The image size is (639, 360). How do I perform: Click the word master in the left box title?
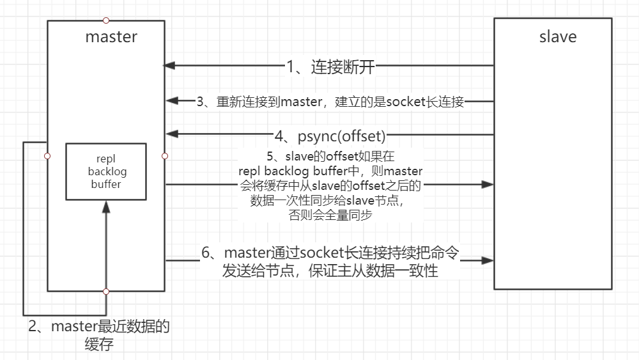coord(111,36)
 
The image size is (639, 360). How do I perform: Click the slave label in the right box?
coord(558,36)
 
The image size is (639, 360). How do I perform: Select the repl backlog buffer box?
coord(105,171)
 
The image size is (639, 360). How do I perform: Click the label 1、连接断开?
coord(330,66)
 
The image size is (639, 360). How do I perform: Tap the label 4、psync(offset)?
coord(330,136)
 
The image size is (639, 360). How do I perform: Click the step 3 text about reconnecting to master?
coord(330,101)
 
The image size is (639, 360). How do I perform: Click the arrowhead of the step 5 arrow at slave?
coord(489,184)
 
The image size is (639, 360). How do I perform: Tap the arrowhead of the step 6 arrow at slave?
coord(489,260)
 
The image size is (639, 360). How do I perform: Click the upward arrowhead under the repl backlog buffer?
coord(106,206)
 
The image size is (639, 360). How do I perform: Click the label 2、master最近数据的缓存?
coord(99,335)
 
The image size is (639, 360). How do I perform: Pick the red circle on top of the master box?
coord(106,20)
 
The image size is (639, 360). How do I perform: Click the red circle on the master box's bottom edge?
coord(106,292)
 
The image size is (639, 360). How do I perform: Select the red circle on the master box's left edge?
coord(47,155)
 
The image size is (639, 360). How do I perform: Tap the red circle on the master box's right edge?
coord(165,155)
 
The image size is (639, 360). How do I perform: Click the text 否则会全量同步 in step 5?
coord(330,215)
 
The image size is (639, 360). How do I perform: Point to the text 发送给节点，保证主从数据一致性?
coord(330,271)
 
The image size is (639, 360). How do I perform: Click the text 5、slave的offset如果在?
coord(330,155)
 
